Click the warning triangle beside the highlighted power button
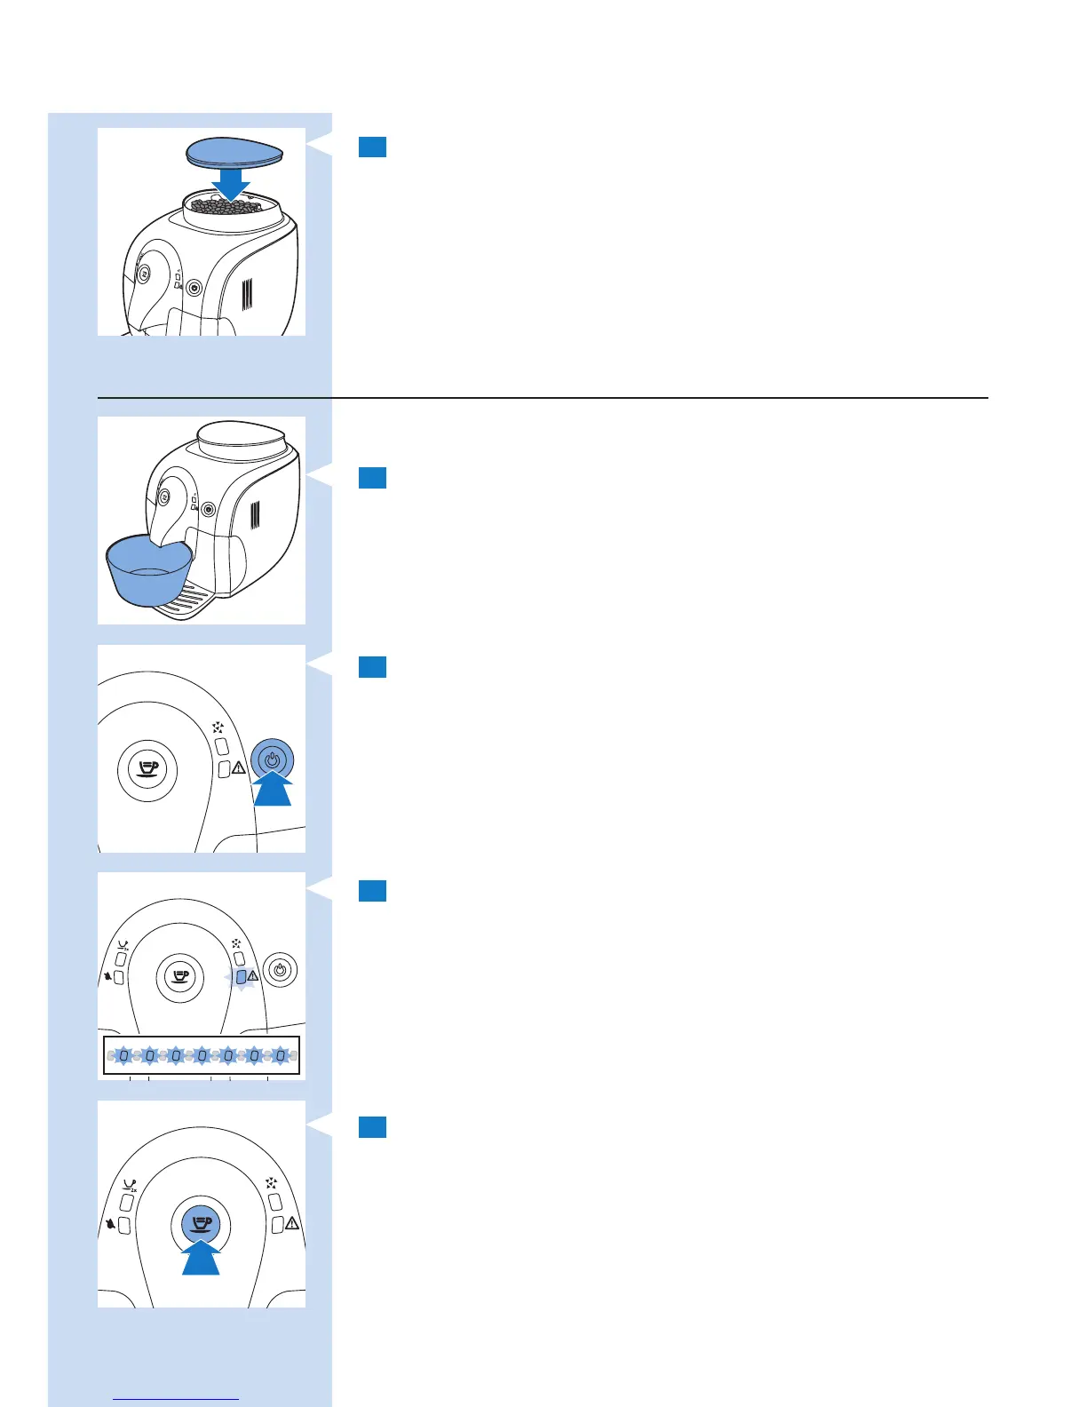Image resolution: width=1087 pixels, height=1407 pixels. click(x=239, y=768)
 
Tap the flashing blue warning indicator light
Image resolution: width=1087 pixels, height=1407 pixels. click(x=241, y=977)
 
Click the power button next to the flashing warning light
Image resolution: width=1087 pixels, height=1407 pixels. click(x=281, y=970)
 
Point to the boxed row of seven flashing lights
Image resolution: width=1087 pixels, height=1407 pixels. click(x=202, y=1055)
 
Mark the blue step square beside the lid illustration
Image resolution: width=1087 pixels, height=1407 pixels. click(x=372, y=147)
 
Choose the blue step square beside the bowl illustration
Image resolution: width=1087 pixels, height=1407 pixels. click(x=372, y=478)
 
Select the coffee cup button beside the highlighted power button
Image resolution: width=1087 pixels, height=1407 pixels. click(x=147, y=769)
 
